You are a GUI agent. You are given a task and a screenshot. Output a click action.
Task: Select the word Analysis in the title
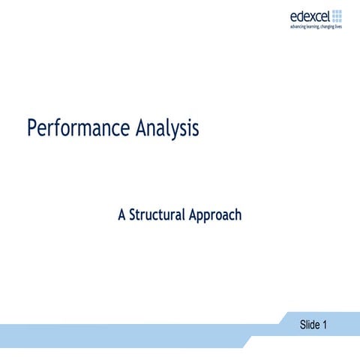(x=168, y=128)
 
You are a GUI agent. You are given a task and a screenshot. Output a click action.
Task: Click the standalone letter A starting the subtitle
(x=122, y=214)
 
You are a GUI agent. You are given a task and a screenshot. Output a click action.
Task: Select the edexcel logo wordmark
(x=310, y=16)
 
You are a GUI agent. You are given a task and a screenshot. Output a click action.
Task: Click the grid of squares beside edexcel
(x=337, y=16)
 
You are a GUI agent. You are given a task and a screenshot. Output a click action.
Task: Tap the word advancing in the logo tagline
(x=299, y=27)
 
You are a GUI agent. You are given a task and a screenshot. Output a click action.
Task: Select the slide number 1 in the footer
(x=324, y=325)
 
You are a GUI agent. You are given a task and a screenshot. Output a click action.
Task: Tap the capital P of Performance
(x=32, y=128)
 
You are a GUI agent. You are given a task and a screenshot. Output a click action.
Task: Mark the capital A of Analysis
(x=142, y=128)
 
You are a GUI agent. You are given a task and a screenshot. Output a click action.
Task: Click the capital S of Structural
(x=133, y=214)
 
